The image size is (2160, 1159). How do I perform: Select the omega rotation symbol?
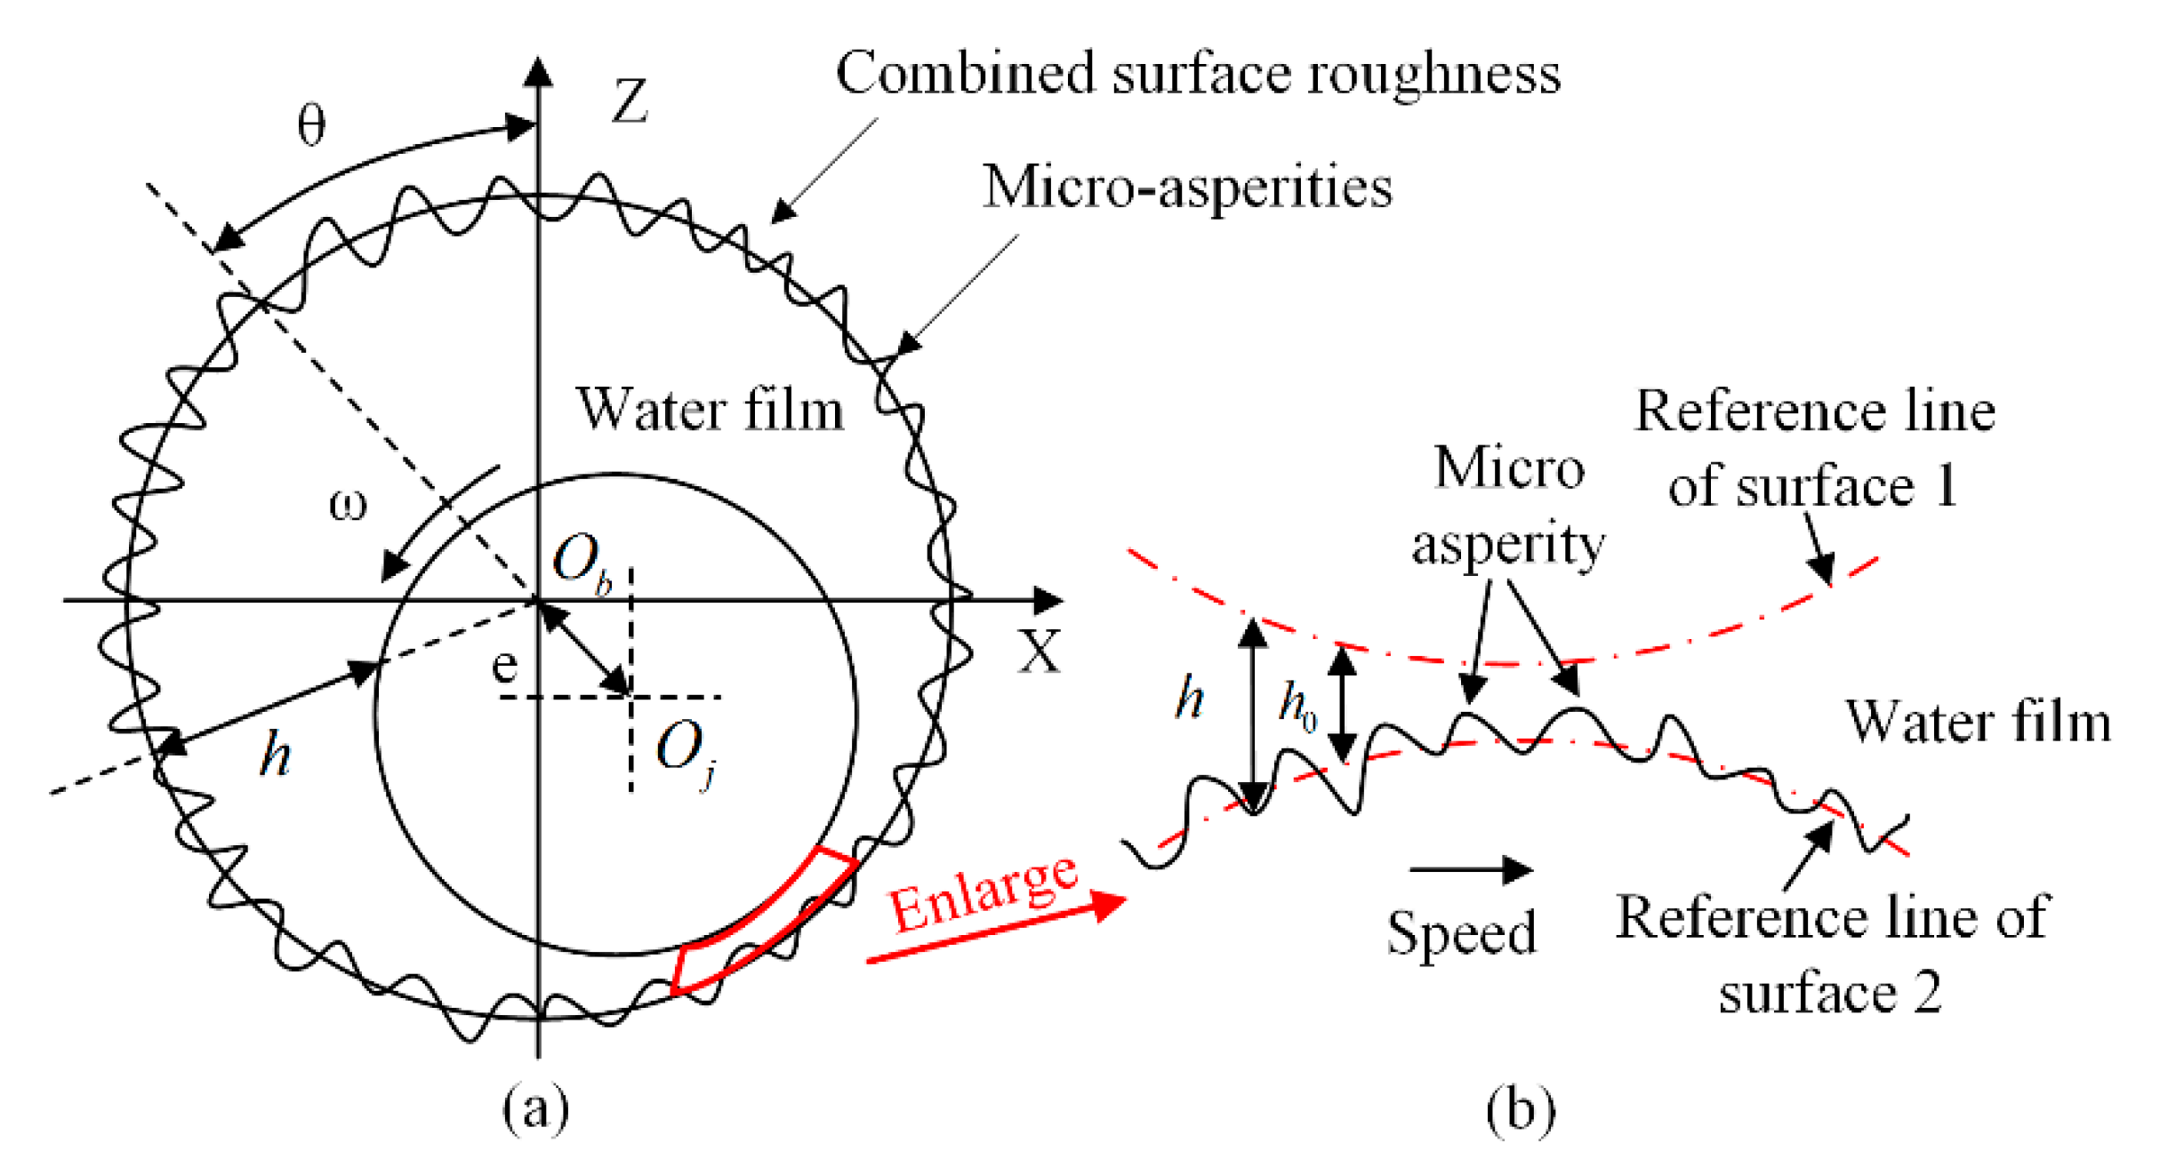point(348,506)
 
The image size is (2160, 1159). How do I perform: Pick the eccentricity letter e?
point(504,665)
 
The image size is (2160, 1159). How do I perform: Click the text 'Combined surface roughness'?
point(1198,73)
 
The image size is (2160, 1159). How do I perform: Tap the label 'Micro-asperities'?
point(1187,188)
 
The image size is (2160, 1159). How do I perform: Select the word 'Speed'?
point(1462,932)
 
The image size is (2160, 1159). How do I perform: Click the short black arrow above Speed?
point(1471,869)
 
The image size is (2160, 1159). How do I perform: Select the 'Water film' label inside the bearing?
point(710,411)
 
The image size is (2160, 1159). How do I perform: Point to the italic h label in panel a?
point(276,755)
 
